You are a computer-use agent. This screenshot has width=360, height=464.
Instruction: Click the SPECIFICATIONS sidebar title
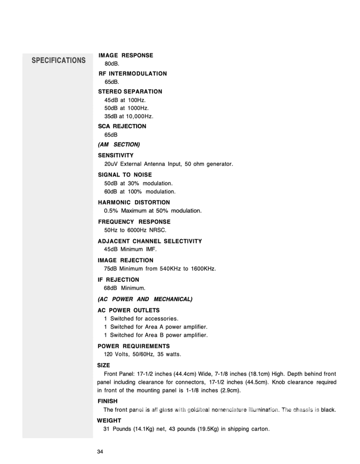coord(59,61)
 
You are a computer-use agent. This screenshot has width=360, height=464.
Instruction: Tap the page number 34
coord(100,452)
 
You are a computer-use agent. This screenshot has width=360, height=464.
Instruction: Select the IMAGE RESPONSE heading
coord(126,56)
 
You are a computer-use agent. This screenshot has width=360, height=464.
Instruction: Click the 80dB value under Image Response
coord(112,64)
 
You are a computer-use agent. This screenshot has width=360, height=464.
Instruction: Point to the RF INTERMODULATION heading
coord(132,74)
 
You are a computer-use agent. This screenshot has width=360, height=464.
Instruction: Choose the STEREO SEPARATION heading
coord(130,92)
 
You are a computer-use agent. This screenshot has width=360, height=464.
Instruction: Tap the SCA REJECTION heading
coord(122,126)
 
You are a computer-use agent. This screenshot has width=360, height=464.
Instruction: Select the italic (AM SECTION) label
coord(119,145)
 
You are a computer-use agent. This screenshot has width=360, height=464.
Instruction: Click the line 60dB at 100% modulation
coord(140,192)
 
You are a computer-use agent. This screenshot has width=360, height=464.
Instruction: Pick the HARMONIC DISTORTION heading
coord(134,203)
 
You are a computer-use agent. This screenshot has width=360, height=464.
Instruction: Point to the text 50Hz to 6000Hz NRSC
coord(135,230)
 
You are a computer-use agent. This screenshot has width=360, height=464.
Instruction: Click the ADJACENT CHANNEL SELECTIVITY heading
coord(150,241)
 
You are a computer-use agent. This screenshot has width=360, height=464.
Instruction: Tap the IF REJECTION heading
coord(119,280)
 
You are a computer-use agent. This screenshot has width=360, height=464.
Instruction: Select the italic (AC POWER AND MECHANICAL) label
coord(145,299)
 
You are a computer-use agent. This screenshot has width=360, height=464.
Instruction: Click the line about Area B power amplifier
coord(156,335)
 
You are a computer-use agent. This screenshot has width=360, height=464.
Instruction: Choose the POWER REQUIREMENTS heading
coord(134,346)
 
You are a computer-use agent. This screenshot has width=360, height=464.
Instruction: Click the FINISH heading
coord(107,401)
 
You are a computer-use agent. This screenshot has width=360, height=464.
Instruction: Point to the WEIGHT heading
coord(109,421)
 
